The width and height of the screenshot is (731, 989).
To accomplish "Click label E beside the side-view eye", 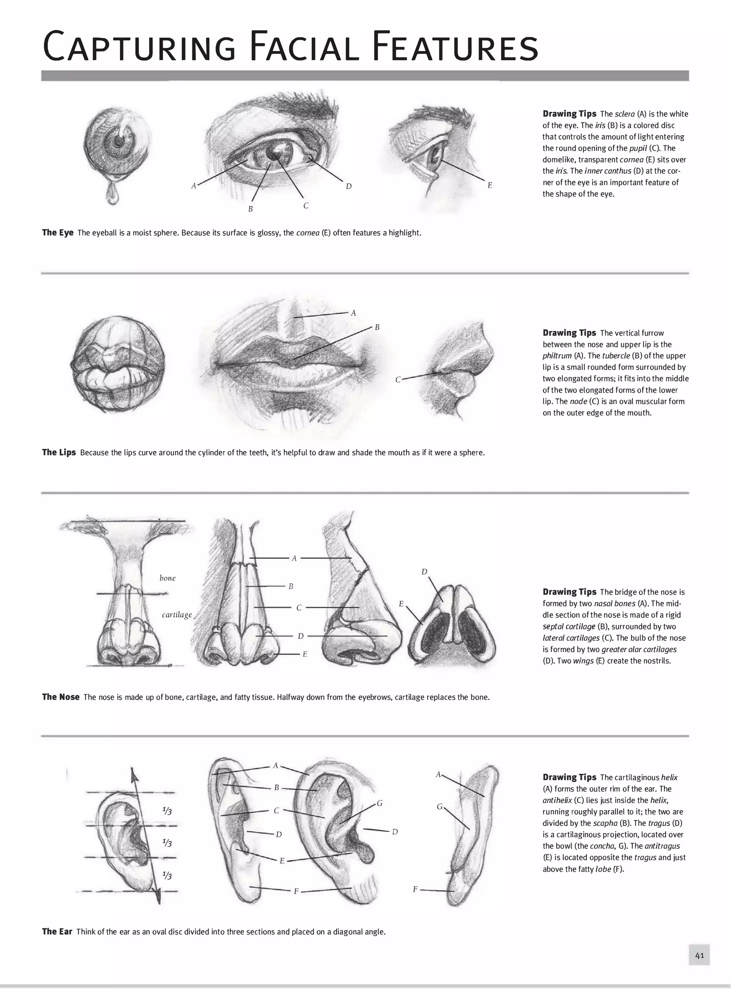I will pyautogui.click(x=490, y=185).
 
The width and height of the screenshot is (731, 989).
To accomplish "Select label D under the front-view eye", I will pyautogui.click(x=349, y=186).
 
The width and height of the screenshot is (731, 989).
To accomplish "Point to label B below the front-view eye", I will pyautogui.click(x=251, y=209).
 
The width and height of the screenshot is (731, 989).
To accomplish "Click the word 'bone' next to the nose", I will pyautogui.click(x=167, y=578).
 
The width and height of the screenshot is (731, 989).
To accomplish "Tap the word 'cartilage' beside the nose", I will pyautogui.click(x=177, y=615).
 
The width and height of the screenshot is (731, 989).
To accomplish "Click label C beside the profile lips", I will pyautogui.click(x=398, y=380).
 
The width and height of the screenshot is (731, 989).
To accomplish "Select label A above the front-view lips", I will pyautogui.click(x=353, y=313).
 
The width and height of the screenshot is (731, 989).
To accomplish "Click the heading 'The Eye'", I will pyautogui.click(x=57, y=233).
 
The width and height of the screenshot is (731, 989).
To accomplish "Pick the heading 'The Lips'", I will pyautogui.click(x=59, y=452).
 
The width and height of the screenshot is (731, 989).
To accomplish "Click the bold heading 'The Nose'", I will pyautogui.click(x=61, y=697).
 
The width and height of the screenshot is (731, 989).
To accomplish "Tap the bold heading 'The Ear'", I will pyautogui.click(x=57, y=932).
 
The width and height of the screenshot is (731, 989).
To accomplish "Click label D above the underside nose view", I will pyautogui.click(x=424, y=572).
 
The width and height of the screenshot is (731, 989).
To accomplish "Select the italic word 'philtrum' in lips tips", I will pyautogui.click(x=557, y=356).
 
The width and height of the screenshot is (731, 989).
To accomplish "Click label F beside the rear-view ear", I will pyautogui.click(x=415, y=889).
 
